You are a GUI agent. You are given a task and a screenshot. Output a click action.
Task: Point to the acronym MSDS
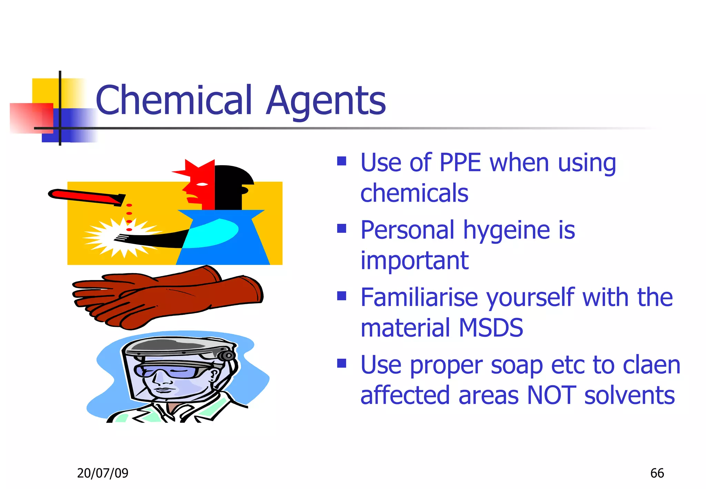(491, 328)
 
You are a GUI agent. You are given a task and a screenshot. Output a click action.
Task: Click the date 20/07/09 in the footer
(102, 473)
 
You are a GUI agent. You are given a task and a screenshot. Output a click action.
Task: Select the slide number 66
(657, 473)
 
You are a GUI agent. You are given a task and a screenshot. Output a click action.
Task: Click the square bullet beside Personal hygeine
(341, 229)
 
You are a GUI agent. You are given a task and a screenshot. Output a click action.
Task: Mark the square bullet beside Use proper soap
(341, 363)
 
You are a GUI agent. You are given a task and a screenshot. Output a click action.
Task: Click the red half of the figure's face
(202, 186)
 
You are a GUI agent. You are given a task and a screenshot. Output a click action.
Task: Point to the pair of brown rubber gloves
(169, 297)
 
